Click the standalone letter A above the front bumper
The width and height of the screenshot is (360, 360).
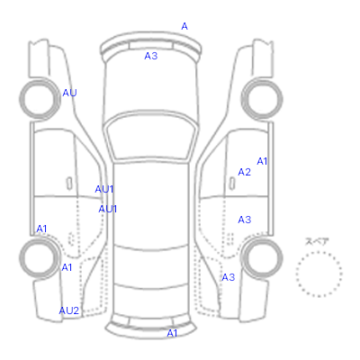(x=184, y=26)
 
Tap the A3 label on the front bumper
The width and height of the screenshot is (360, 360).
(x=151, y=56)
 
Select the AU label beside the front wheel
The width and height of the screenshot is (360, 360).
(x=69, y=93)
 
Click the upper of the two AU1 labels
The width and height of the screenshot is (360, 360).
(x=104, y=189)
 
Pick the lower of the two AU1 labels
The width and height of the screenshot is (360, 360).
(x=108, y=209)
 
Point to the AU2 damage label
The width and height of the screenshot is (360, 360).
(x=69, y=310)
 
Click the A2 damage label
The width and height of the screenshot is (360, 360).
(x=244, y=172)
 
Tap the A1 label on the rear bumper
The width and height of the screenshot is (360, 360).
(x=172, y=333)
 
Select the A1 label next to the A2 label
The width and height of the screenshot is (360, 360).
(x=262, y=161)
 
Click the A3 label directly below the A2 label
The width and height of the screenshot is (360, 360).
(x=244, y=220)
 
